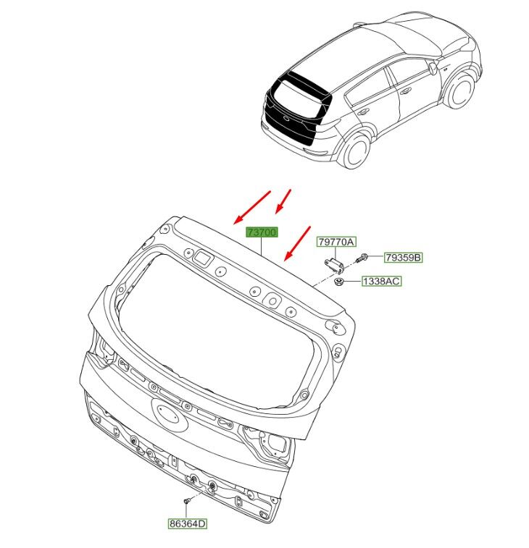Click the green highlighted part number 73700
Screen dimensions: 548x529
262,232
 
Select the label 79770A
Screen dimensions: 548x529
338,243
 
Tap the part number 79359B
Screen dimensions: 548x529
403,258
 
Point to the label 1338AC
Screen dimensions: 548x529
382,281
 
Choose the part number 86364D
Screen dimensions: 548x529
188,522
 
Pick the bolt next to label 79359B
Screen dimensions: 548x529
363,258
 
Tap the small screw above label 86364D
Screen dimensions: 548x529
187,500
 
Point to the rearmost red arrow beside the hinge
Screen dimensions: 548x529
298,242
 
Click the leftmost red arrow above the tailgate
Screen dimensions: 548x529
251,208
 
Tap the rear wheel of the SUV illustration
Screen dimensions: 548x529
356,150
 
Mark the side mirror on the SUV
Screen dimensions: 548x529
433,68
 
